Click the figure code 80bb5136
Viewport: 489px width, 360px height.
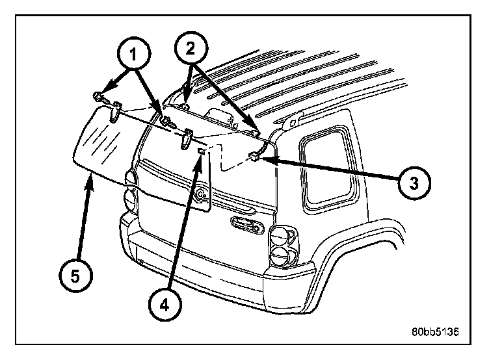pos(435,331)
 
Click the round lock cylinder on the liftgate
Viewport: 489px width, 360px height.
pos(202,193)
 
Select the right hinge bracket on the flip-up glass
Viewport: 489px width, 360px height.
pos(187,135)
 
